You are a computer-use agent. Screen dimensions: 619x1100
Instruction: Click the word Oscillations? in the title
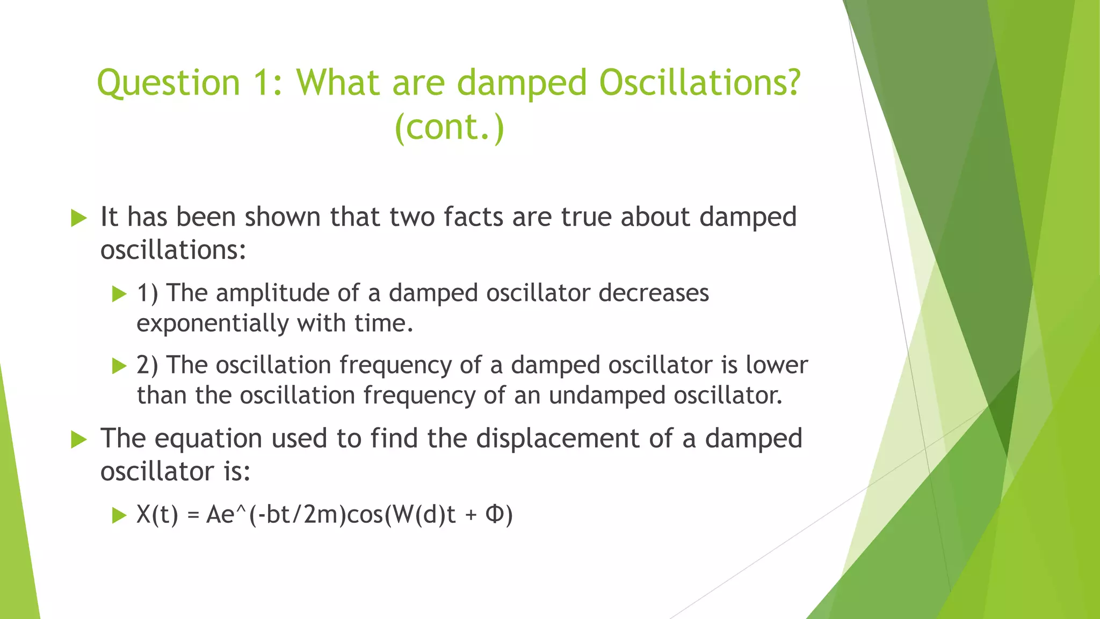tap(699, 83)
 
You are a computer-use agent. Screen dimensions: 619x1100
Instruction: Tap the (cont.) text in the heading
tap(450, 127)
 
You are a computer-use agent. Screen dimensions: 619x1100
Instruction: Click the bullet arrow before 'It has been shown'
tap(78, 218)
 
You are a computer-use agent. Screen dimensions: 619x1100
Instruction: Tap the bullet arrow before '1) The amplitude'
tap(119, 294)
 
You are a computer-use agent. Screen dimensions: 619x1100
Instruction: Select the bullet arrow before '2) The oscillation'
tap(119, 366)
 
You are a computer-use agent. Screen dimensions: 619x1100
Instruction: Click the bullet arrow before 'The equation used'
tap(78, 440)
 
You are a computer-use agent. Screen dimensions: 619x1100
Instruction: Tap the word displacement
tap(558, 438)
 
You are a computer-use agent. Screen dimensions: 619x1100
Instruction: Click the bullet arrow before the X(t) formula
tap(119, 516)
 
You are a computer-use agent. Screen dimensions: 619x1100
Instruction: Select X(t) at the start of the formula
tap(157, 515)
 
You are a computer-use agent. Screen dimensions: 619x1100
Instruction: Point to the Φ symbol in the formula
tap(495, 514)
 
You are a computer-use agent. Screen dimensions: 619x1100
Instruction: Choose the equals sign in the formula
tap(193, 516)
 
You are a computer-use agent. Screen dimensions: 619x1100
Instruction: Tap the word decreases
tap(654, 293)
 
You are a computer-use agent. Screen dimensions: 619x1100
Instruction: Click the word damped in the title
tap(522, 83)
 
